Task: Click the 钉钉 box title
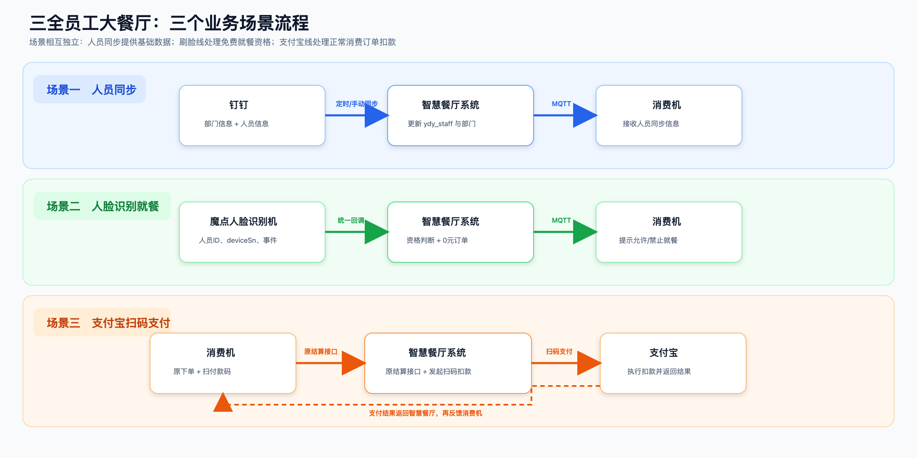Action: pyautogui.click(x=238, y=105)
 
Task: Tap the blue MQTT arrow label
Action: pyautogui.click(x=561, y=104)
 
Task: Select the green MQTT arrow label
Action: pyautogui.click(x=561, y=220)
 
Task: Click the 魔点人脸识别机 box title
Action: pyautogui.click(x=243, y=222)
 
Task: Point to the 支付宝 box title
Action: pyautogui.click(x=664, y=353)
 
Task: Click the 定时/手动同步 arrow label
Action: pyautogui.click(x=357, y=104)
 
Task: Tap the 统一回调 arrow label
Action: pyautogui.click(x=351, y=220)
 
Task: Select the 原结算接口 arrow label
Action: pyautogui.click(x=321, y=351)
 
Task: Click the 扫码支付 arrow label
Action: pyautogui.click(x=559, y=351)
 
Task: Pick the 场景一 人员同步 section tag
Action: pyautogui.click(x=90, y=89)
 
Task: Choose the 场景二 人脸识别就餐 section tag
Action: pyautogui.click(x=102, y=206)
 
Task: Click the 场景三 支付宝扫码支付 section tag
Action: pyautogui.click(x=102, y=322)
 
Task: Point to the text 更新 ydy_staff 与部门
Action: pyautogui.click(x=441, y=124)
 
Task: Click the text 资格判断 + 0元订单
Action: pyautogui.click(x=437, y=240)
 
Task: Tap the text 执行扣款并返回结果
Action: pyautogui.click(x=659, y=371)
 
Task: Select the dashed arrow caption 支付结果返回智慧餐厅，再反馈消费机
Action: pyautogui.click(x=425, y=413)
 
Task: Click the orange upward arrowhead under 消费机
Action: pyautogui.click(x=223, y=402)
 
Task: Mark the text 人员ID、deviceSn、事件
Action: pyautogui.click(x=238, y=240)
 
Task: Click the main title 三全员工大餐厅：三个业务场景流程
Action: pyautogui.click(x=169, y=23)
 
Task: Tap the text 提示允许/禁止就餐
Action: pyautogui.click(x=648, y=240)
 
